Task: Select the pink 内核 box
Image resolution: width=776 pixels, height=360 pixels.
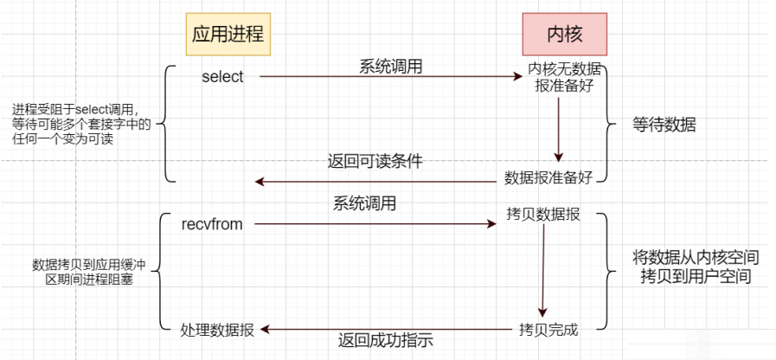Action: [x=564, y=35]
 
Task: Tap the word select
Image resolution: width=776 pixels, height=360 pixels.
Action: [x=222, y=77]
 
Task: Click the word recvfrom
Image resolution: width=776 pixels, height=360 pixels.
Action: [x=212, y=225]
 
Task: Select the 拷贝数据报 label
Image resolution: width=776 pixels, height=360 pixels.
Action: [x=543, y=213]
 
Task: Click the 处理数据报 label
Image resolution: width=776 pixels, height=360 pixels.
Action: [x=217, y=330]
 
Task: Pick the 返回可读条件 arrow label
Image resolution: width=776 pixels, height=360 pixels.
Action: [x=375, y=162]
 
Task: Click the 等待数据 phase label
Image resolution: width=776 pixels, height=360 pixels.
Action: [x=664, y=125]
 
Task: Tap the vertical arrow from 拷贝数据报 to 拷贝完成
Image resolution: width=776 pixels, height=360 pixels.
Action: [x=543, y=271]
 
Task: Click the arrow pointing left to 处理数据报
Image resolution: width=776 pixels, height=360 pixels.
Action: [x=385, y=329]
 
